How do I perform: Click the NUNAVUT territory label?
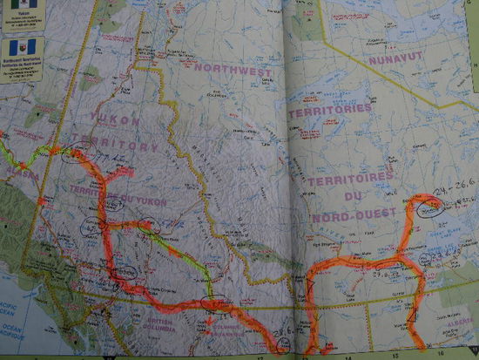pos(393,60)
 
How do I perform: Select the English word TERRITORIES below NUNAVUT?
pos(341,110)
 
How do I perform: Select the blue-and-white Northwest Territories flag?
pos(10,45)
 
